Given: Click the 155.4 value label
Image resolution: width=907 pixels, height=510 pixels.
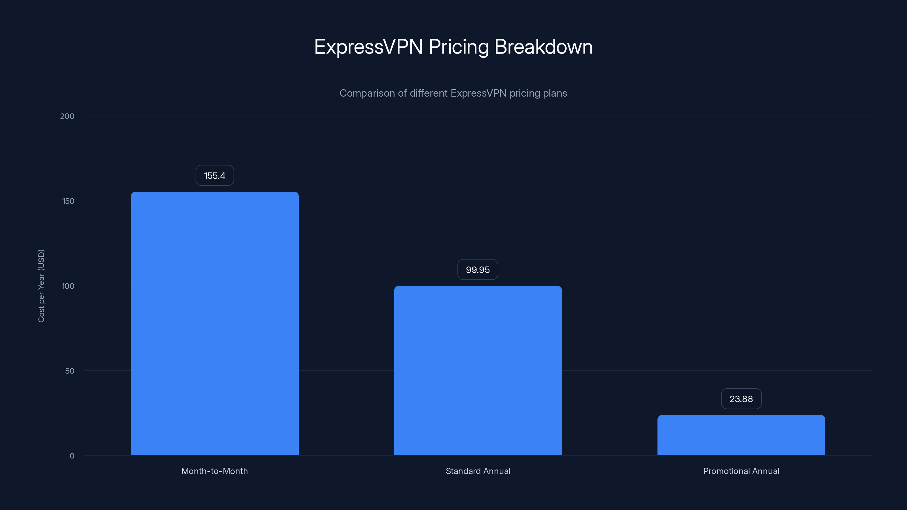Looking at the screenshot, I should [x=215, y=176].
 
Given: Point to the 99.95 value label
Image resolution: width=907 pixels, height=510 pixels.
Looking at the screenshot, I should [x=478, y=270].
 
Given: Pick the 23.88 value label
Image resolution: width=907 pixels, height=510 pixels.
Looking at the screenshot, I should [x=741, y=399].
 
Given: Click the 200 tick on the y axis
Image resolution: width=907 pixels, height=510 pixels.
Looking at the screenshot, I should [x=67, y=116].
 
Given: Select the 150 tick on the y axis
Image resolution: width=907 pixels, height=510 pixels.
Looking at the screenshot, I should [x=68, y=201].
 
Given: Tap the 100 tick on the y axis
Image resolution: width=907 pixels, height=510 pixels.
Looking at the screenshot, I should [x=68, y=286].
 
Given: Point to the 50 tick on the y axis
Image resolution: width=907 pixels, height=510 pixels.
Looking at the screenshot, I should [x=70, y=371].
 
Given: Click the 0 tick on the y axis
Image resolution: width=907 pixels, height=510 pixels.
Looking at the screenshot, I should [x=72, y=456].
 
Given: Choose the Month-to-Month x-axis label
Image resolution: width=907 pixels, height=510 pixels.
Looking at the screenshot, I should [x=215, y=471].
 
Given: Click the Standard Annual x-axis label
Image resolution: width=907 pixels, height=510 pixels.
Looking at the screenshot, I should [x=478, y=471].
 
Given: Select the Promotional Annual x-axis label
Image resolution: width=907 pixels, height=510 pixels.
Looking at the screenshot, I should [x=741, y=471].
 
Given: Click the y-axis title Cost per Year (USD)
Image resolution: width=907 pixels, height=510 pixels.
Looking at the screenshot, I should [x=41, y=286].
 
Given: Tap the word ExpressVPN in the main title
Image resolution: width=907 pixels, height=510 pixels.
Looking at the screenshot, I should [x=368, y=47].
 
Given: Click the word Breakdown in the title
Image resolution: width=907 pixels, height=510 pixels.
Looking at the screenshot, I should [x=544, y=47].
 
